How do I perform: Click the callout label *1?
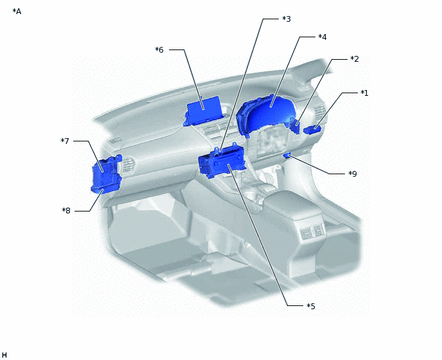(x=364, y=93)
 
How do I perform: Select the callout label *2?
(x=355, y=59)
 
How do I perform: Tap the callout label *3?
(x=287, y=19)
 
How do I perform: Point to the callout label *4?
(x=323, y=37)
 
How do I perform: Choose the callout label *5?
(x=311, y=306)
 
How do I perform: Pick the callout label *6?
(x=159, y=50)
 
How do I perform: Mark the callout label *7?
(x=65, y=141)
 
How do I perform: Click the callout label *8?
(x=66, y=210)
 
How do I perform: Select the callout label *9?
(x=353, y=174)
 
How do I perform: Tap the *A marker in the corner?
(x=17, y=12)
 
